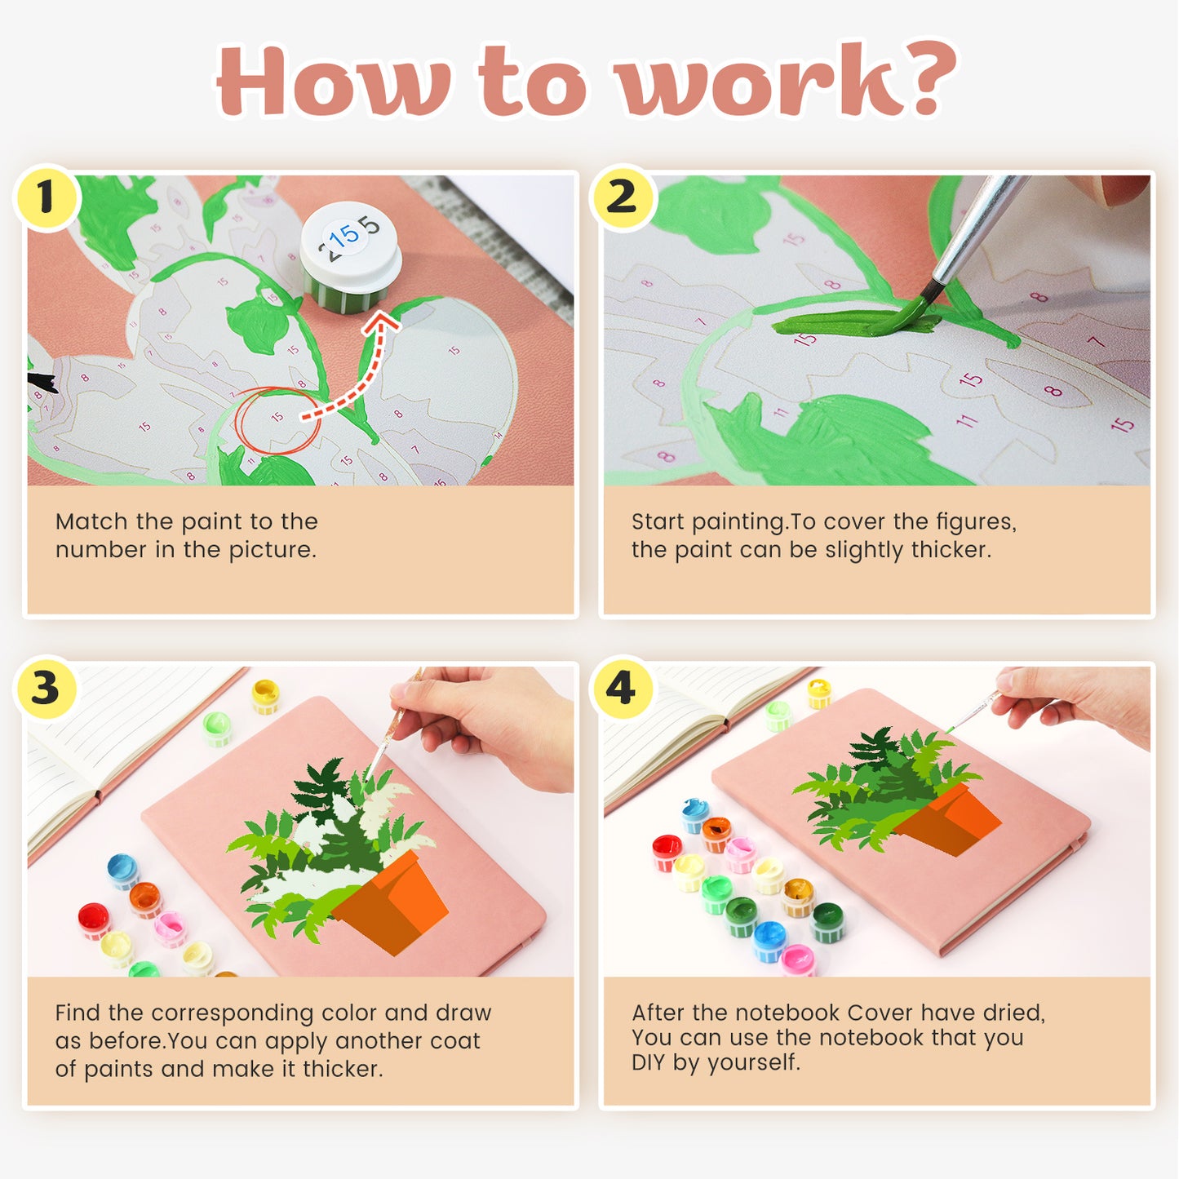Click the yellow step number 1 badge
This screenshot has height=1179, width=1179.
[47, 197]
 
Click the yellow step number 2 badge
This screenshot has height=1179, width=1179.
[623, 197]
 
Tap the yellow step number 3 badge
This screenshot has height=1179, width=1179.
[47, 688]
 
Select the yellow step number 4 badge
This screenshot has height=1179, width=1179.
[622, 688]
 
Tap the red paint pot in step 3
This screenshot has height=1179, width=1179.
[94, 920]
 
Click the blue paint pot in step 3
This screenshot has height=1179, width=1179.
[122, 870]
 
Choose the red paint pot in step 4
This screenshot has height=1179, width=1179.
[667, 851]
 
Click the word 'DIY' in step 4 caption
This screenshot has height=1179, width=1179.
[649, 1063]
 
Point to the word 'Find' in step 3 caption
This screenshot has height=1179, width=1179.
[78, 1013]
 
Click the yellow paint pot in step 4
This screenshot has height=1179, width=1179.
[819, 692]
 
